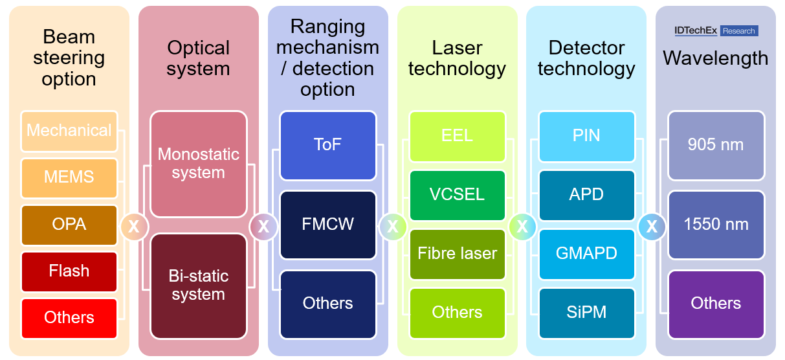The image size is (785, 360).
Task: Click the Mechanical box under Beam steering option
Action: [69, 130]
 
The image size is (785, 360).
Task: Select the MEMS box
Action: [69, 177]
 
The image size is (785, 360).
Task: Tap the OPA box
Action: [69, 224]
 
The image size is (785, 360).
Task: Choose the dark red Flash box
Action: [69, 271]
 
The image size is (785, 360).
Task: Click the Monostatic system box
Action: [199, 164]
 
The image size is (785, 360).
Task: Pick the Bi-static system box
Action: [199, 286]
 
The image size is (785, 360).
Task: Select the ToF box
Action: [328, 145]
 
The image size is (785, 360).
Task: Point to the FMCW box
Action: [328, 224]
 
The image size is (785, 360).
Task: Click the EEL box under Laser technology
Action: [458, 136]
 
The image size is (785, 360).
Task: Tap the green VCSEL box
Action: [458, 194]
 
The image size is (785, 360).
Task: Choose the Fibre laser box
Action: [458, 253]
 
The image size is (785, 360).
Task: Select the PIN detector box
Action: [586, 136]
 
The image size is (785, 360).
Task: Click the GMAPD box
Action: [586, 253]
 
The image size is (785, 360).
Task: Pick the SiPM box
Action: [586, 312]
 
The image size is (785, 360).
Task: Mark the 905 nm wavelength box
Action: [716, 145]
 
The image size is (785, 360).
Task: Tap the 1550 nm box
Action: [716, 224]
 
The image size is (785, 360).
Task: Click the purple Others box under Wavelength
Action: [716, 303]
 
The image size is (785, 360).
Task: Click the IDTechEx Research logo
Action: [716, 31]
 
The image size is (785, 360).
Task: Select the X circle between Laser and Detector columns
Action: [522, 227]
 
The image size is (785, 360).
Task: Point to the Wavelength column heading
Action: [716, 58]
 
